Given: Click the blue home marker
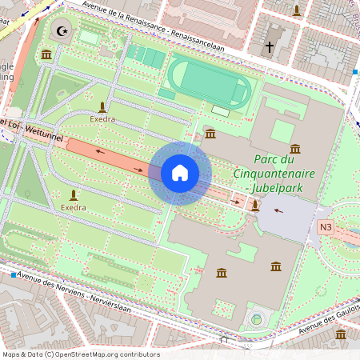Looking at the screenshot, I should coord(179,173).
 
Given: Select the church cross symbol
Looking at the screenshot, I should coord(270,48).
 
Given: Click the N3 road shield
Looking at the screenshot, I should coord(326,226).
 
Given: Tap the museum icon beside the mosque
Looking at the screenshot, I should coord(46,54).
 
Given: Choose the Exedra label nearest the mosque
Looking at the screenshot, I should coord(102,118).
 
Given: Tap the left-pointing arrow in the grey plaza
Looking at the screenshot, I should coord(278,211).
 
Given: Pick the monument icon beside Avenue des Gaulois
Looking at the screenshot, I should coord(341,335).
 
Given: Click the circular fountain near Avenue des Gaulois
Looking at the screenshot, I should coord(256,320).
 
